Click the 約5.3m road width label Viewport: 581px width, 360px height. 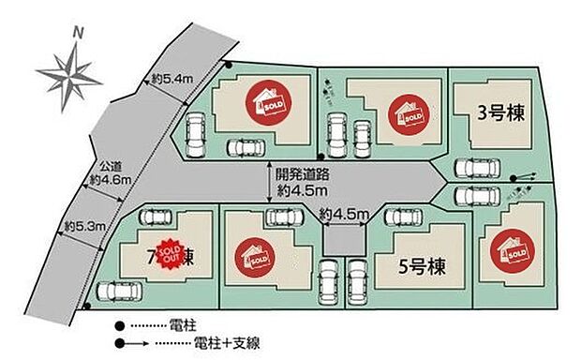click(83, 226)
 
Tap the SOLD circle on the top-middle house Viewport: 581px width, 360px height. click(410, 113)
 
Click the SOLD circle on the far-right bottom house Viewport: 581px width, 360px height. click(512, 250)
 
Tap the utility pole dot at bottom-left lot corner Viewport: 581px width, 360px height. click(86, 305)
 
